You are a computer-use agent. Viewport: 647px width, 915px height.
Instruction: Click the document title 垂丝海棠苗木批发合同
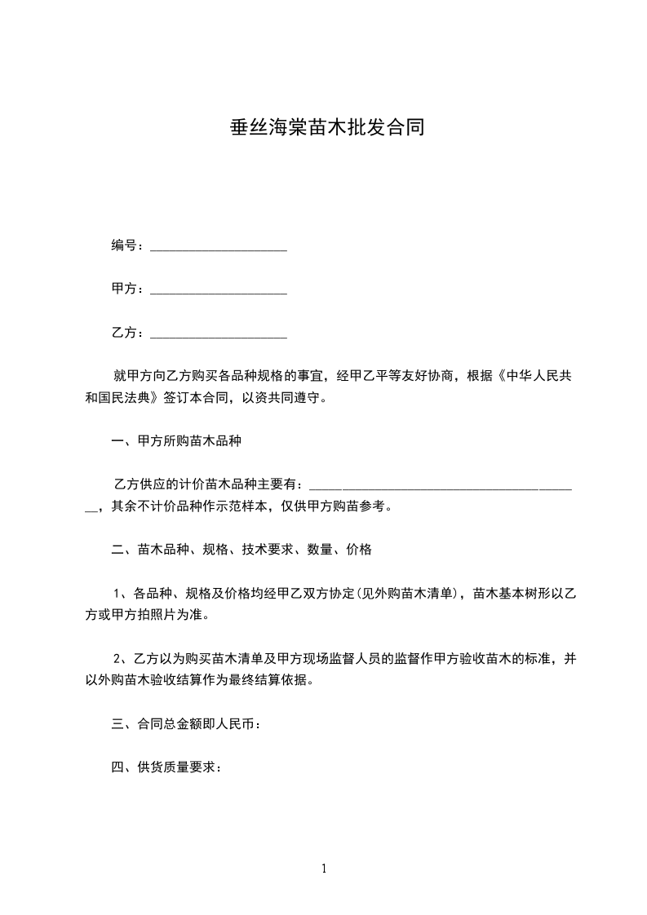click(x=323, y=129)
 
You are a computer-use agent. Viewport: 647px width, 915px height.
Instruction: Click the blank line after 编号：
click(x=219, y=245)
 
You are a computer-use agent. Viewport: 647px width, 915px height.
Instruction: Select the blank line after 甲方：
click(x=219, y=289)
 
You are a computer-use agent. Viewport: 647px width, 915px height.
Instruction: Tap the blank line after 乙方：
click(x=219, y=333)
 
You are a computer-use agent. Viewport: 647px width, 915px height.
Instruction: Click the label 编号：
click(x=128, y=245)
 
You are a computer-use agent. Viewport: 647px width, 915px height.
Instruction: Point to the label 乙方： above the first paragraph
click(x=128, y=333)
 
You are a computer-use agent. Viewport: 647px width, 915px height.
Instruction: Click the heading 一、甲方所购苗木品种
click(x=175, y=442)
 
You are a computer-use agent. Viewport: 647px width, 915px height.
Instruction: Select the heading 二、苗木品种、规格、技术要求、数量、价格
click(x=242, y=550)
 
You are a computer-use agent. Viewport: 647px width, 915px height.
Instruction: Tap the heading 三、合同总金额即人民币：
click(x=186, y=723)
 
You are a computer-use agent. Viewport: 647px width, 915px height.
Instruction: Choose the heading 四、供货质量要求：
click(x=166, y=767)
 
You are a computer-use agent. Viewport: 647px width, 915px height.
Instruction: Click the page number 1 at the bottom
click(x=324, y=869)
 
